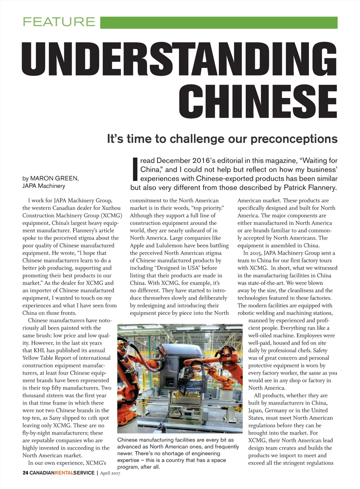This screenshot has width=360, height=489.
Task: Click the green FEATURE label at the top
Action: (x=59, y=22)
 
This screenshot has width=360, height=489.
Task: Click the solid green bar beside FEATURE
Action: (x=219, y=22)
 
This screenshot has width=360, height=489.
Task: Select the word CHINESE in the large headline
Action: (x=258, y=101)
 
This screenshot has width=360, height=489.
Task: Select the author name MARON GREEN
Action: (x=54, y=178)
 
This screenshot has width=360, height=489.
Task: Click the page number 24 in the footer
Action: (x=25, y=473)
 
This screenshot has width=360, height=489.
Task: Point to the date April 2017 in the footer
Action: (x=110, y=473)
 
